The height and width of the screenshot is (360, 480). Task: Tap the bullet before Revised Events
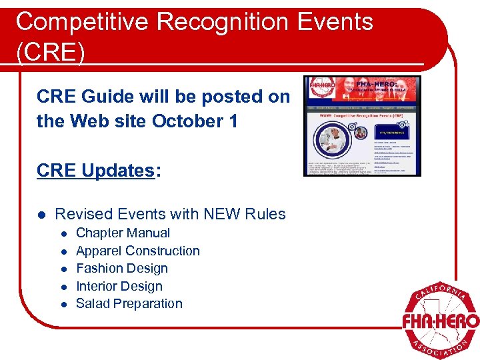tap(42, 215)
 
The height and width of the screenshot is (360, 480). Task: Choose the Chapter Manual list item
tap(123, 233)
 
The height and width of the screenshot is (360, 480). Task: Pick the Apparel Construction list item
tap(137, 251)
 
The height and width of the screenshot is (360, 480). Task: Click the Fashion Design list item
tap(121, 268)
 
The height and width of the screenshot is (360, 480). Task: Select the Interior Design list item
tap(119, 286)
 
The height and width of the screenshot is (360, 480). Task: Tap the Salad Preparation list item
tap(129, 303)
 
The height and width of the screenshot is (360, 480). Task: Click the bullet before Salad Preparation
tap(64, 304)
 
